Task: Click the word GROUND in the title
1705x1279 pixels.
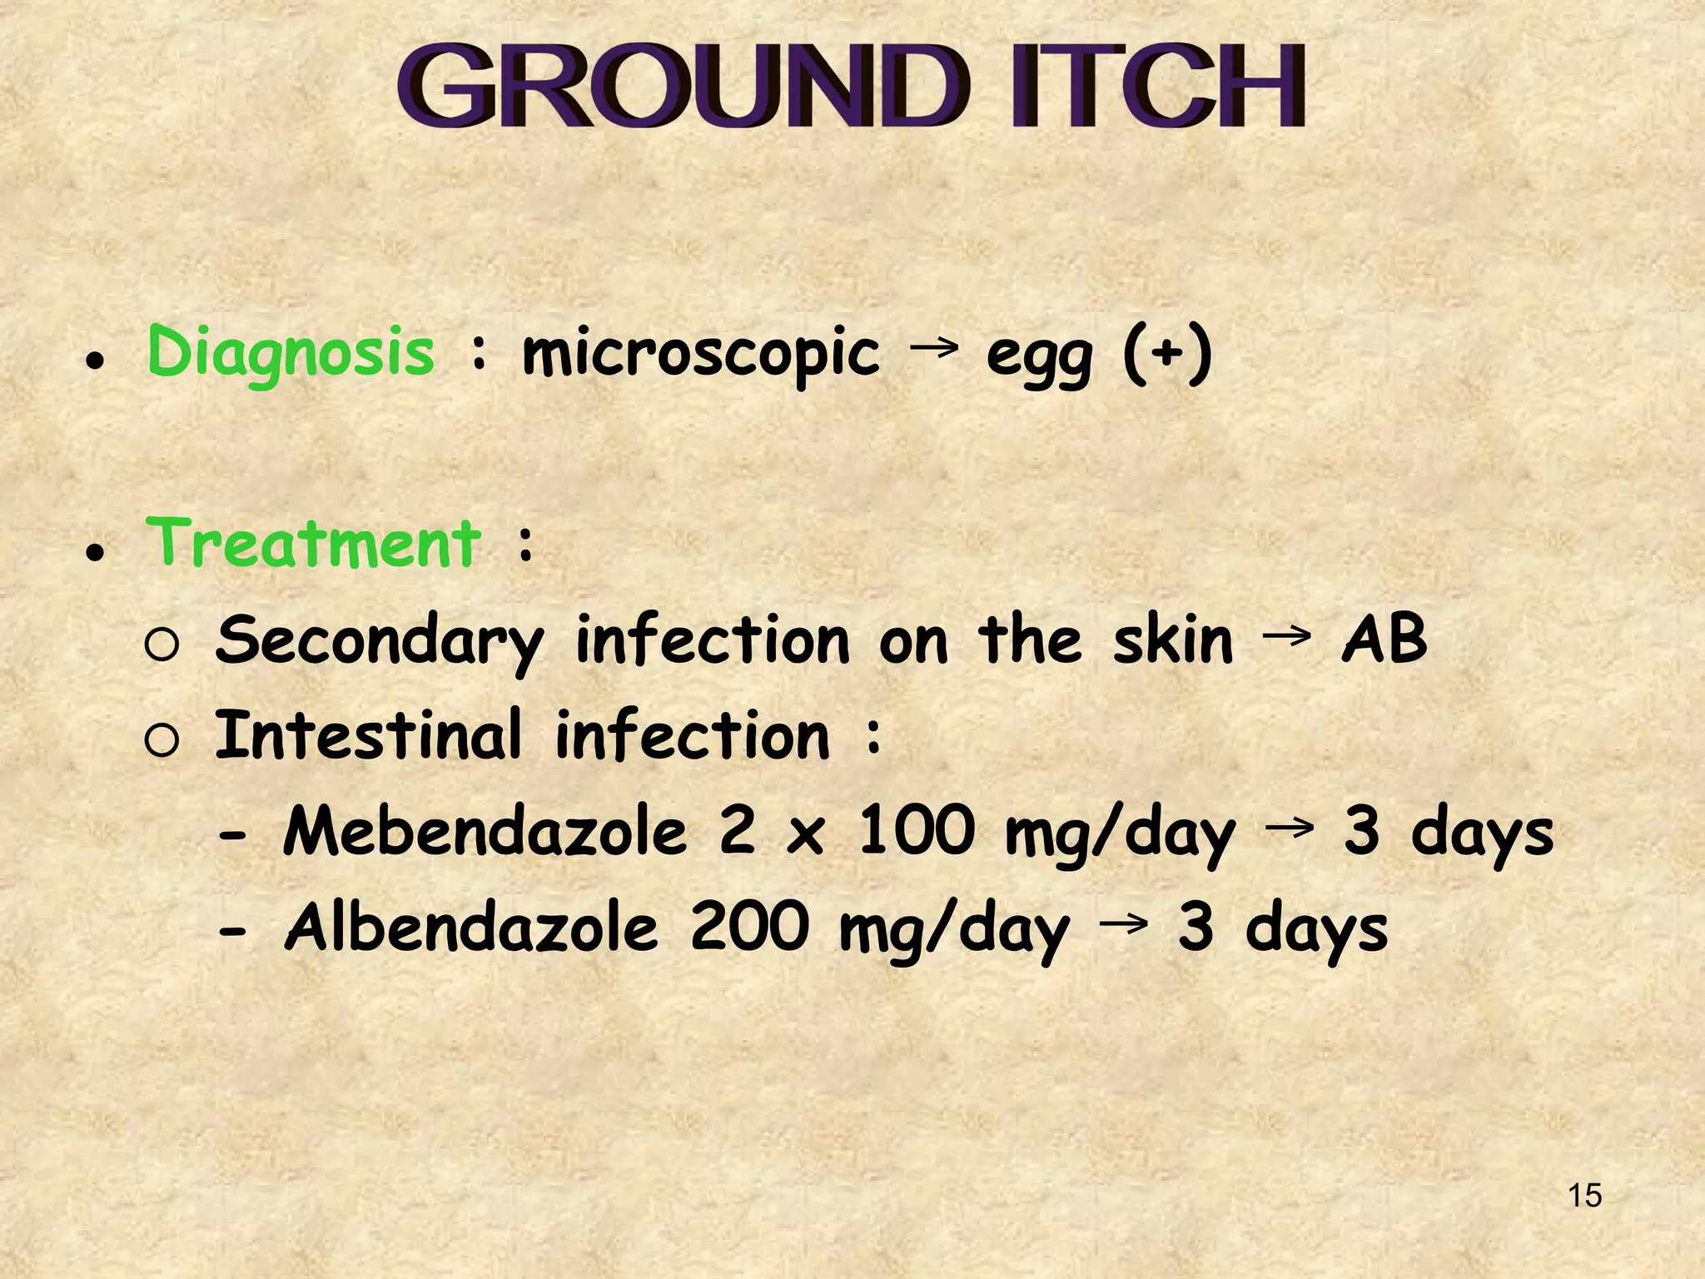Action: tap(683, 87)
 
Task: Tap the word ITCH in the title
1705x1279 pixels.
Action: tap(1157, 87)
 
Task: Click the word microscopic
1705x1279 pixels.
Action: tap(700, 355)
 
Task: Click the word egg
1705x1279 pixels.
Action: tap(1038, 358)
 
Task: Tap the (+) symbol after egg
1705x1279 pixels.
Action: tap(1167, 353)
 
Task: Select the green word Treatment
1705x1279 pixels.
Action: tap(314, 543)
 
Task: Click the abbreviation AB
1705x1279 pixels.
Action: tap(1384, 638)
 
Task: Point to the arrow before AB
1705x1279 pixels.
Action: tap(1286, 637)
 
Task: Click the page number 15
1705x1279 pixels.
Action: tap(1584, 1196)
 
